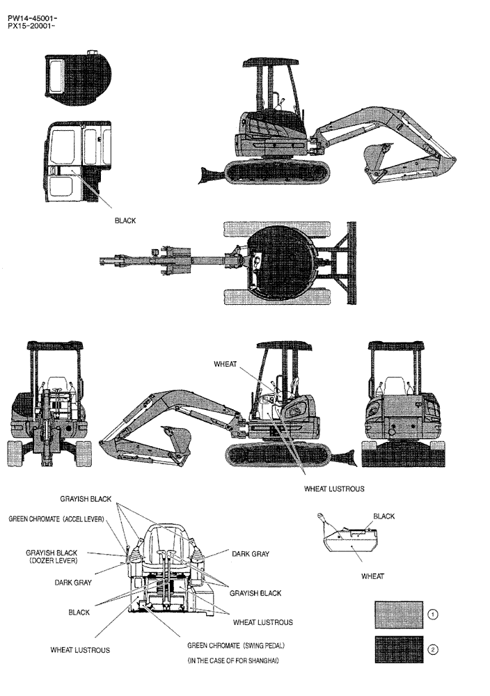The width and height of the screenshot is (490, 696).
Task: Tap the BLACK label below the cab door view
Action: [x=125, y=221]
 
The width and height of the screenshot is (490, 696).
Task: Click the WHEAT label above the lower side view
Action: [x=226, y=364]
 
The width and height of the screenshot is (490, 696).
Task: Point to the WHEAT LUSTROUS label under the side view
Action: [x=334, y=489]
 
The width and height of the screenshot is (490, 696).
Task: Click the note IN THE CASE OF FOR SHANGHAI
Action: [x=233, y=661]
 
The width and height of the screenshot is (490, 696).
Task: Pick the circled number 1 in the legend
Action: [x=433, y=615]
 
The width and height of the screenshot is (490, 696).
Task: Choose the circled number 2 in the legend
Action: [x=433, y=649]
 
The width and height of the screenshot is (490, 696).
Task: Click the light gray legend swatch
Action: [x=398, y=615]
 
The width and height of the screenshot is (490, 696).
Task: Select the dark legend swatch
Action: [x=398, y=649]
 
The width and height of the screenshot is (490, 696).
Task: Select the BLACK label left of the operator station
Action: [x=79, y=612]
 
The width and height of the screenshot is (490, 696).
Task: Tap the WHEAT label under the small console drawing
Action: [x=372, y=576]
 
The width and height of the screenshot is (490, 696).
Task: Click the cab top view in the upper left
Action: [x=78, y=80]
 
